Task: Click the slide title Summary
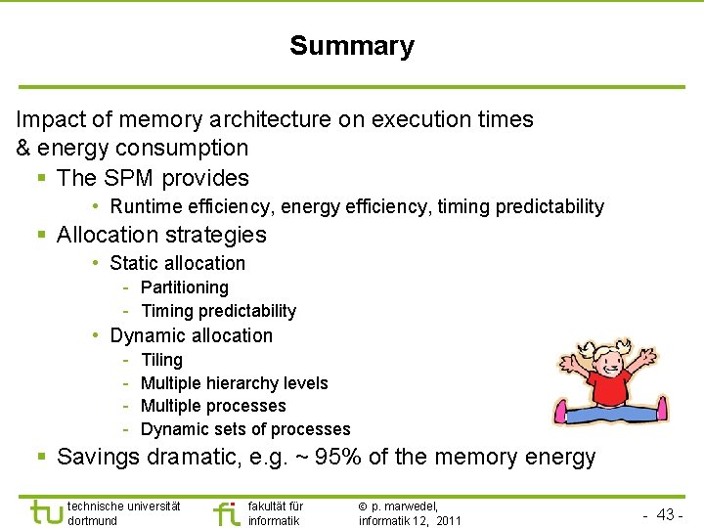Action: [352, 46]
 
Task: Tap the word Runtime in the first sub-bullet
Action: [143, 206]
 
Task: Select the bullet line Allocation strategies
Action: [161, 235]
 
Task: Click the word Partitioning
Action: [185, 287]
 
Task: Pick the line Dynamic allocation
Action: [192, 335]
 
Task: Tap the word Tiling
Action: [161, 360]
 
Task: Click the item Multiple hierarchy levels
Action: [234, 383]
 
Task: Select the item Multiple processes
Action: [213, 406]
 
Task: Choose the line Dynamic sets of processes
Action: [245, 429]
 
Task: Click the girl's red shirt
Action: [609, 385]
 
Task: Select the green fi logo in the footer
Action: [226, 513]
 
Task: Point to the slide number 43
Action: [666, 514]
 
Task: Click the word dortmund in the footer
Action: [94, 521]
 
